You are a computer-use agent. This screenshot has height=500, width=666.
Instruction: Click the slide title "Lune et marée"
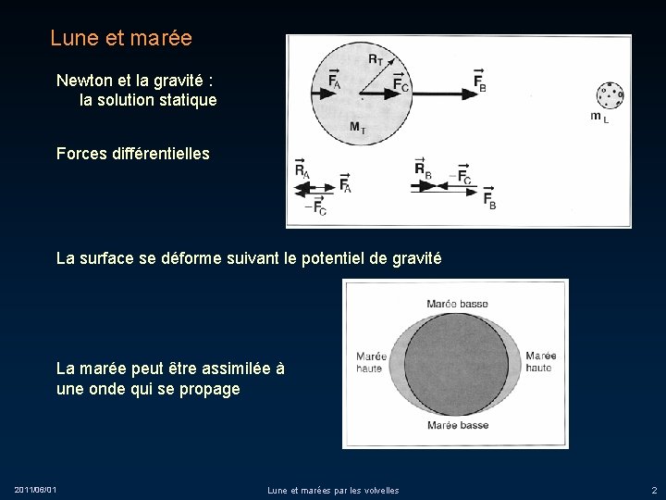[121, 39]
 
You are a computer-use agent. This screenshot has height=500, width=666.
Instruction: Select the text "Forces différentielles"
[132, 154]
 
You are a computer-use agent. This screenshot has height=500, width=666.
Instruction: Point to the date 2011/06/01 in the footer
[35, 489]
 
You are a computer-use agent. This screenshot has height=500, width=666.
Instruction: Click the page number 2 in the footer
[654, 489]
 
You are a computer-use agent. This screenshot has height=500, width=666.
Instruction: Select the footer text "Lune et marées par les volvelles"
[333, 490]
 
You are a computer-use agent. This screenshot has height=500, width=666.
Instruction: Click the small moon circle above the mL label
[610, 94]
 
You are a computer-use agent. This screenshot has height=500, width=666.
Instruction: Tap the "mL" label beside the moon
[599, 117]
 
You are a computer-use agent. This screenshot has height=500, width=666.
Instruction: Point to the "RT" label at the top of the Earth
[376, 59]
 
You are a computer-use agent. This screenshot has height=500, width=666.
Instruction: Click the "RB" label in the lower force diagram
[422, 168]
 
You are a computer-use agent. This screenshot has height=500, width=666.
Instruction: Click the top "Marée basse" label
[457, 304]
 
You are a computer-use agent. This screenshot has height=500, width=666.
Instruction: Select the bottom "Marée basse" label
[457, 425]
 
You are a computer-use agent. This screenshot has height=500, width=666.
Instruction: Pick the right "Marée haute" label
[540, 362]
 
